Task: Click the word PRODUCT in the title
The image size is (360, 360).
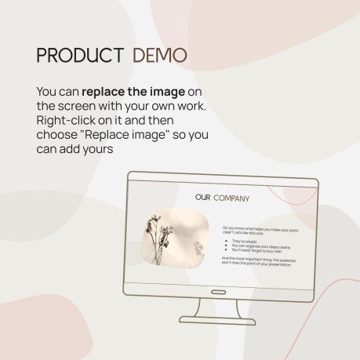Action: coord(80,55)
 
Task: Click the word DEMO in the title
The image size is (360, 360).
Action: coord(160,55)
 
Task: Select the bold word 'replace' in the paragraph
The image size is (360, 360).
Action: coord(107,92)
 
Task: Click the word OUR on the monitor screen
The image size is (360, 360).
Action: coord(202,198)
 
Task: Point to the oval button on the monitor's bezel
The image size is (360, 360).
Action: coord(218,292)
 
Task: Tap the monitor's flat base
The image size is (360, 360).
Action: coord(218,320)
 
